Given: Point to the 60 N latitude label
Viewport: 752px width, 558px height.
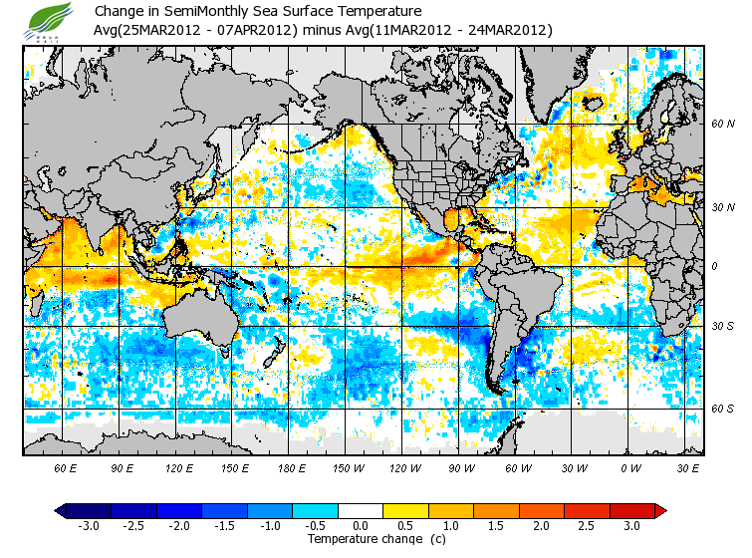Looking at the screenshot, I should [722, 125].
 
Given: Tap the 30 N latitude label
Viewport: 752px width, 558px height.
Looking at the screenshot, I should [722, 207].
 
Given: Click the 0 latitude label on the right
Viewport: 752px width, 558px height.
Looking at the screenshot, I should [713, 267].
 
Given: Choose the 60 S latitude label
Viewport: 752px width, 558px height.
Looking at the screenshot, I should [722, 409].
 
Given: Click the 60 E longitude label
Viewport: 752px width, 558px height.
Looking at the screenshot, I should [66, 467].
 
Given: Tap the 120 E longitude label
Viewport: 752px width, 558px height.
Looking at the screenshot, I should [179, 467].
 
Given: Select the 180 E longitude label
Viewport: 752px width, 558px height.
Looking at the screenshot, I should [293, 467].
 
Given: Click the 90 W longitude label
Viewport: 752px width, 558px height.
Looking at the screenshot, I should [461, 467].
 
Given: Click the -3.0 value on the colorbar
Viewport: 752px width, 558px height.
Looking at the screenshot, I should [88, 525].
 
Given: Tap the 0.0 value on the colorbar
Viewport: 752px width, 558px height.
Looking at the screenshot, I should [361, 525].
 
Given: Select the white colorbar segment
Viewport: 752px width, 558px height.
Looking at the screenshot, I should [361, 510].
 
